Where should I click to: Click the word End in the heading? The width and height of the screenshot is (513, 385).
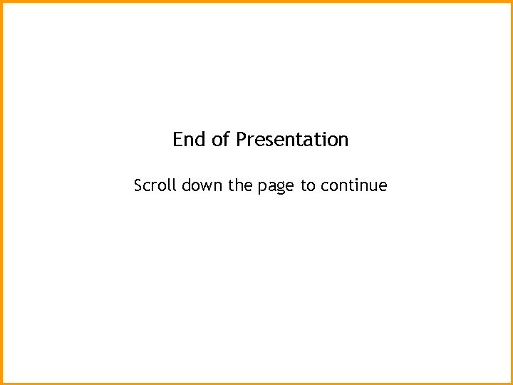[x=188, y=139]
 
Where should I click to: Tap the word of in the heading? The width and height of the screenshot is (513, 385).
[x=220, y=139]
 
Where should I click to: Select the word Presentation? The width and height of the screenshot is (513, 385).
[x=292, y=139]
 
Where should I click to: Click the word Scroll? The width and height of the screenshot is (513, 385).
[x=155, y=186]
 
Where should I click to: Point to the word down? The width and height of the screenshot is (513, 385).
[x=202, y=186]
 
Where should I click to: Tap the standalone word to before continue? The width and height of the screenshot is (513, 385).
[x=308, y=186]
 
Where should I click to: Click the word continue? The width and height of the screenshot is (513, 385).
[x=354, y=186]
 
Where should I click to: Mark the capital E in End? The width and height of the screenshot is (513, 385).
[x=178, y=139]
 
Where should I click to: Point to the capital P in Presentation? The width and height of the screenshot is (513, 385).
[x=241, y=139]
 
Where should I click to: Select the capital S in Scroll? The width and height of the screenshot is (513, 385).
[x=139, y=186]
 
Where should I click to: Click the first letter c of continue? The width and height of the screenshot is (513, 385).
[x=324, y=188]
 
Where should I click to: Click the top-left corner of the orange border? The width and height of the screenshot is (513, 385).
[x=1, y=1]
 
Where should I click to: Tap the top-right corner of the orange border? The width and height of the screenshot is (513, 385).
[x=511, y=1]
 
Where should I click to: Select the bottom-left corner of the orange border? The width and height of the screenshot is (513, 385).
[x=1, y=383]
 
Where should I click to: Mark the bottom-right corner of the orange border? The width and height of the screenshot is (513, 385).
[x=511, y=383]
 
